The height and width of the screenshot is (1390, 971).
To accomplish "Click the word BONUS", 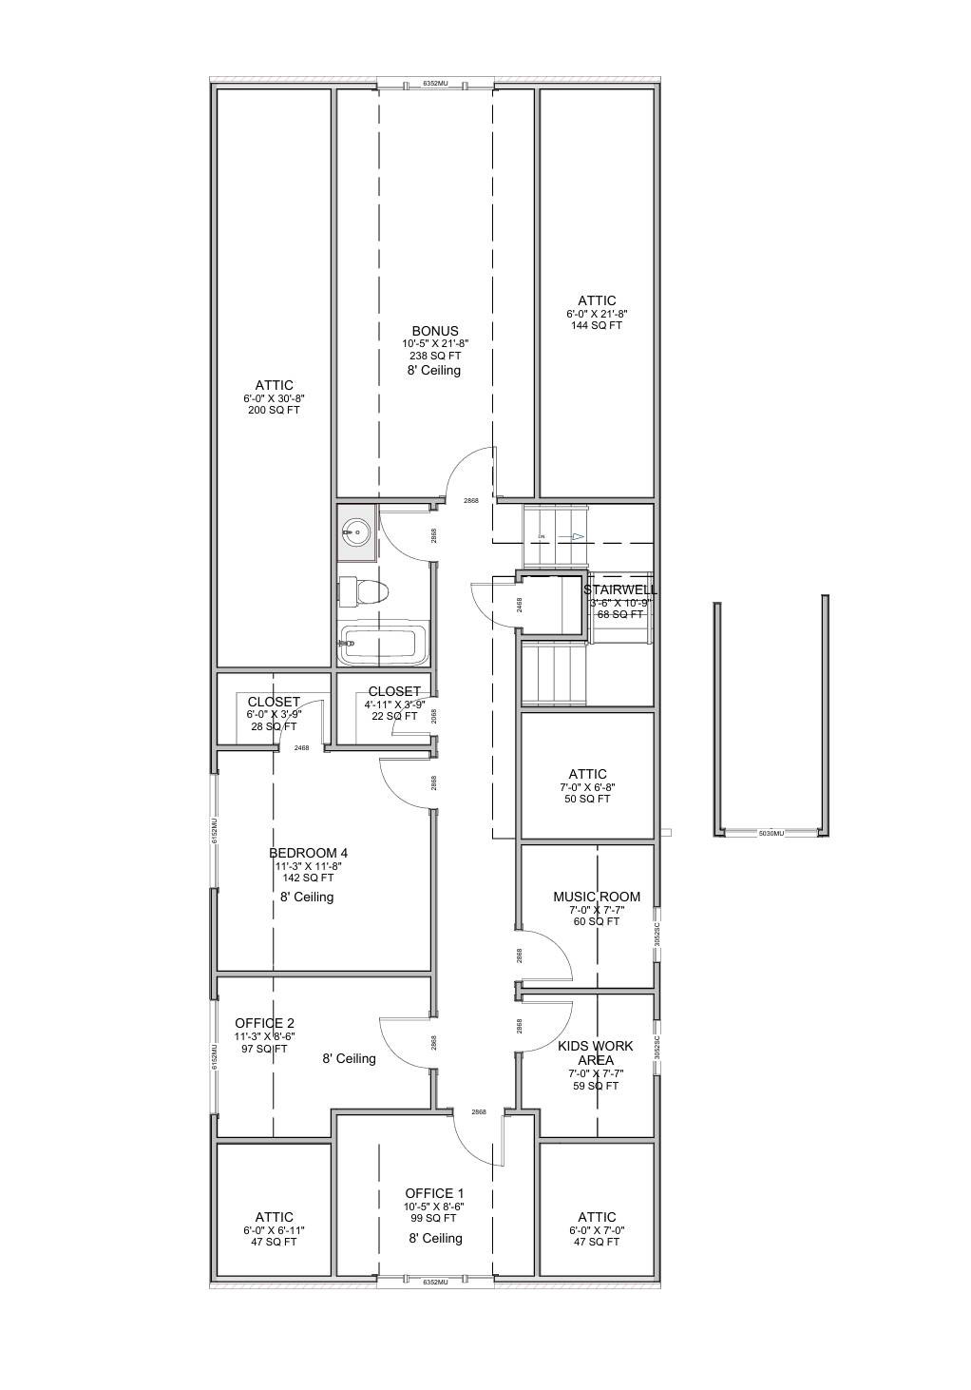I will pyautogui.click(x=435, y=331).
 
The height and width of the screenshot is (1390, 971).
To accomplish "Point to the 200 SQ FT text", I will pyautogui.click(x=274, y=411).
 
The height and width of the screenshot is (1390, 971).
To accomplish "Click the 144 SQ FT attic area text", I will pyautogui.click(x=597, y=326).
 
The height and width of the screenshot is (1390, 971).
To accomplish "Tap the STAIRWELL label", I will pyautogui.click(x=620, y=589).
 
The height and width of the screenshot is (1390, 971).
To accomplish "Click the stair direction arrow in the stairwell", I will pyautogui.click(x=577, y=536).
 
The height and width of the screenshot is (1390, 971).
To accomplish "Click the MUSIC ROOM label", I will pyautogui.click(x=597, y=897).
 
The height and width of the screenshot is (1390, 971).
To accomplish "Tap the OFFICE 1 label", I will pyautogui.click(x=434, y=1193).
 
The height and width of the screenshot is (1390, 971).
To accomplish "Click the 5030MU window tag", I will pyautogui.click(x=771, y=834).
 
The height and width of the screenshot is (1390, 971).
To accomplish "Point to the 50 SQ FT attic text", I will pyautogui.click(x=587, y=800).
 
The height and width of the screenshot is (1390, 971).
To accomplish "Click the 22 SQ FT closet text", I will pyautogui.click(x=393, y=717).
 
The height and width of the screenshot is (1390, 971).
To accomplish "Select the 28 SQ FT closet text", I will pyautogui.click(x=274, y=726).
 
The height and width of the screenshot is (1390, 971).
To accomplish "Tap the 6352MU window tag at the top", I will pyautogui.click(x=435, y=84).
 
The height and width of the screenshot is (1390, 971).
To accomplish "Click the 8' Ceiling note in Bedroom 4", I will pyautogui.click(x=307, y=897).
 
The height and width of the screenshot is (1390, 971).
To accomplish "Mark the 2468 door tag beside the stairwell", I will pyautogui.click(x=519, y=605).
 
